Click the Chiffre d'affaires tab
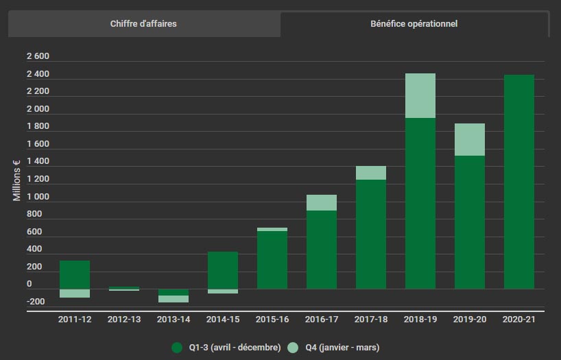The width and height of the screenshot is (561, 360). (143, 24)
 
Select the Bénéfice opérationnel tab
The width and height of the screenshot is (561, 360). (414, 24)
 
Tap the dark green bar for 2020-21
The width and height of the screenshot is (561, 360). (519, 182)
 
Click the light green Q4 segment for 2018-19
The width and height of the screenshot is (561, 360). (420, 95)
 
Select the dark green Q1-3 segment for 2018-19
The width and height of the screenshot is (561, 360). (420, 203)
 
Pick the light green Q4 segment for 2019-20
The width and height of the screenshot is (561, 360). (470, 139)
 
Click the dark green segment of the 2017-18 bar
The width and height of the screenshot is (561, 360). (371, 234)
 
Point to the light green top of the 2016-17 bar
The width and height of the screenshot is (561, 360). (322, 202)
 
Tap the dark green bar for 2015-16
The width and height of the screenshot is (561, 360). (272, 260)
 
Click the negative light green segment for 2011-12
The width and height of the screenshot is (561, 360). (75, 293)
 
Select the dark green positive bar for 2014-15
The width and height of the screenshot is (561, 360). (223, 270)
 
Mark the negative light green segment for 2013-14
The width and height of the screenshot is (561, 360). (174, 299)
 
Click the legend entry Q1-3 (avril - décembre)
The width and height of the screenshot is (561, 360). (226, 348)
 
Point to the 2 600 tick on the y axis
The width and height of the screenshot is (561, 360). (38, 56)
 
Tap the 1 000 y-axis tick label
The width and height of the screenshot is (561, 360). (38, 197)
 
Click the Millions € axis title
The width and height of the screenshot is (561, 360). (17, 180)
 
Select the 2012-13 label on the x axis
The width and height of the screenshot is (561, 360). (124, 319)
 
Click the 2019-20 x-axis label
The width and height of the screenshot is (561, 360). (470, 319)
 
